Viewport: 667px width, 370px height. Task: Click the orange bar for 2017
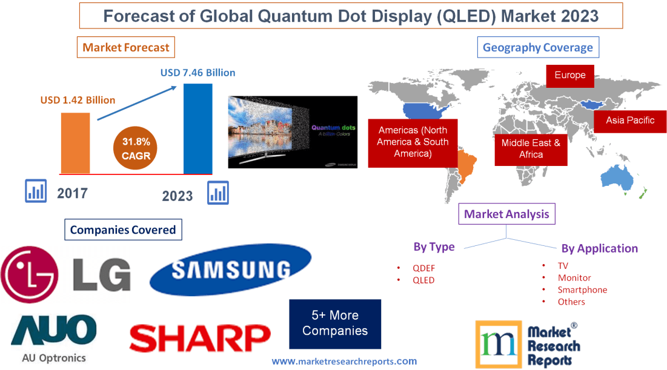click(x=75, y=143)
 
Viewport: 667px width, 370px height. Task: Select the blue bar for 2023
click(x=197, y=128)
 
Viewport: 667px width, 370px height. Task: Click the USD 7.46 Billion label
click(x=197, y=73)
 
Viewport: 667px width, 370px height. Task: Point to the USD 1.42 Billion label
click(x=78, y=100)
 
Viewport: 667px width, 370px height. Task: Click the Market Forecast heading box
click(x=126, y=47)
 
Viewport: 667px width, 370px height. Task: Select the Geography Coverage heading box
click(x=538, y=47)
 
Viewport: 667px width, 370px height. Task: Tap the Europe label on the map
click(x=569, y=76)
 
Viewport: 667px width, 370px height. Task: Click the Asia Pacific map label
click(x=630, y=121)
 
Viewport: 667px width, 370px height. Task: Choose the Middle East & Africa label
click(x=531, y=148)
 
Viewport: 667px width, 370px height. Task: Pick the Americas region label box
click(x=413, y=142)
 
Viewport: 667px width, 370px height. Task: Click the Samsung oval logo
click(x=230, y=269)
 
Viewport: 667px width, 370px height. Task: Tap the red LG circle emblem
click(x=30, y=274)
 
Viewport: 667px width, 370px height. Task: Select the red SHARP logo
click(x=200, y=338)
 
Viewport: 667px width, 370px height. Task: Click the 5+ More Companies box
click(x=335, y=323)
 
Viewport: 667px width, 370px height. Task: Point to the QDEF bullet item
click(x=423, y=268)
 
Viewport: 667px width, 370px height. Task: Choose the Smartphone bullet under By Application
click(x=582, y=289)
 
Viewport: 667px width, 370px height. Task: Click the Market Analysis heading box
click(x=506, y=213)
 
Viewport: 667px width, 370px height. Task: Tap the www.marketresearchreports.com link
click(x=343, y=361)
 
